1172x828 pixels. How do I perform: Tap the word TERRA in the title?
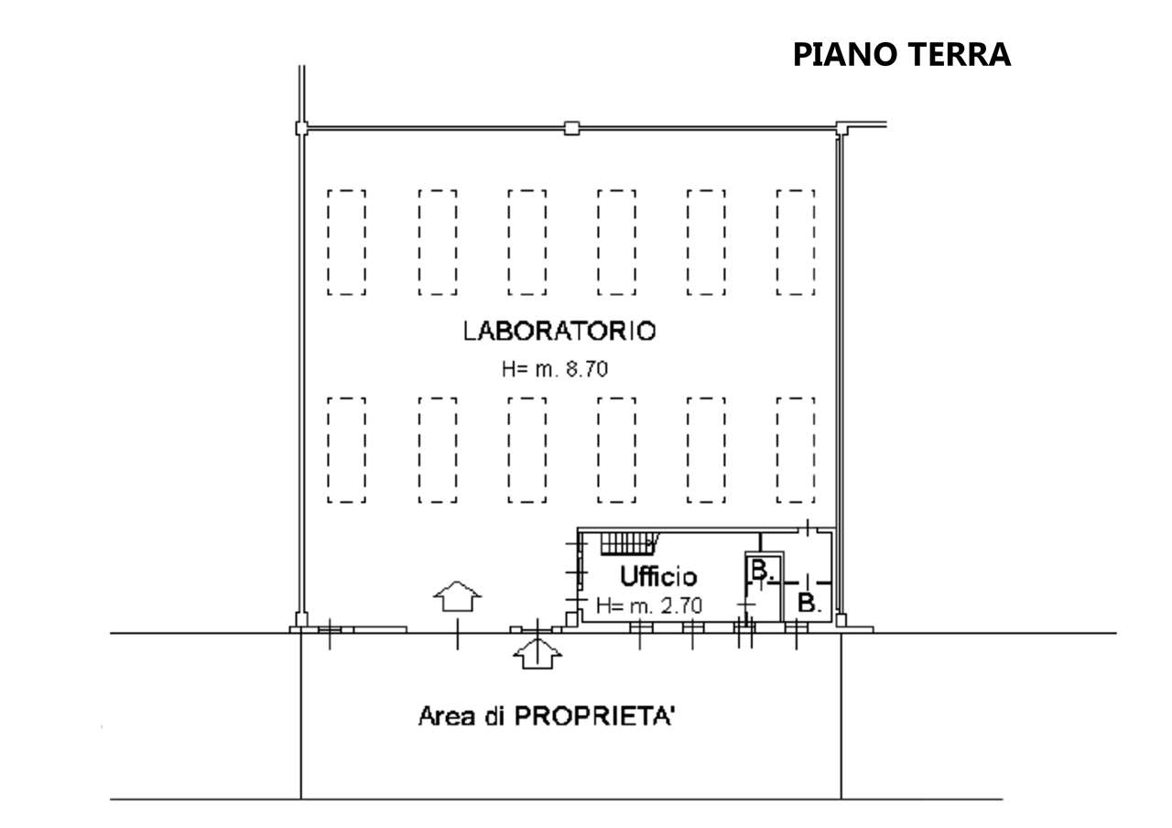[960, 54]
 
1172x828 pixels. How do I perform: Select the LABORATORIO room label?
[559, 332]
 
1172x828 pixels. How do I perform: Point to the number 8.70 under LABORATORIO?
[587, 369]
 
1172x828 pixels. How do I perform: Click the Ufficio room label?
[658, 576]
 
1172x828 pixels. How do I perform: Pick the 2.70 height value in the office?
[680, 606]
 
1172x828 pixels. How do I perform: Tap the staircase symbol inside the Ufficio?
[629, 544]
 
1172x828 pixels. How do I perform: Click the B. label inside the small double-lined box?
[762, 570]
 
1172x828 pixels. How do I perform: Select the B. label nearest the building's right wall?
[808, 603]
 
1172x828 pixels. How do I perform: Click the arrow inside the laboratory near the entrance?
[457, 596]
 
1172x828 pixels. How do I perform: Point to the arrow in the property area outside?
[537, 653]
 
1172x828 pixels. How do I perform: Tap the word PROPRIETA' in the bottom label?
[594, 716]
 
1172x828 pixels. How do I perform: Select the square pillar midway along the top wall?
[572, 128]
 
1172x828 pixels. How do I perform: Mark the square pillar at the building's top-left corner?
[301, 128]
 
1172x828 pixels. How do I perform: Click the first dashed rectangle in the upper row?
[346, 243]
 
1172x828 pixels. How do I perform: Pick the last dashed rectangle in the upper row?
[796, 243]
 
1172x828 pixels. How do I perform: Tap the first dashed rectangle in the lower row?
[346, 450]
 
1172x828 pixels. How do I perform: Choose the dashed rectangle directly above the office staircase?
[616, 450]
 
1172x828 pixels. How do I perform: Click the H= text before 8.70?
[515, 369]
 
